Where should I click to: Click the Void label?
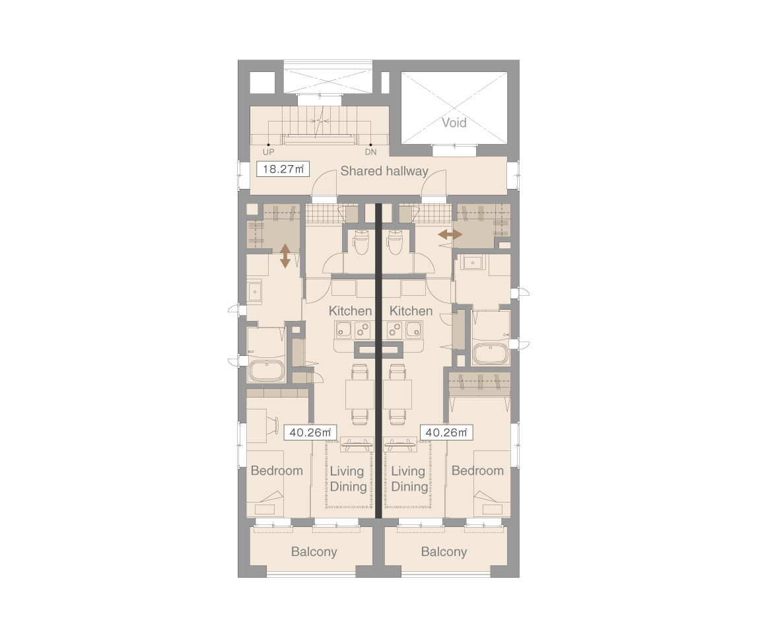(x=454, y=123)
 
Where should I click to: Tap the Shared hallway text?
(x=384, y=170)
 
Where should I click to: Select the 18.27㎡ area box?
(x=283, y=169)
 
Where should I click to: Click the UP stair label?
(x=268, y=152)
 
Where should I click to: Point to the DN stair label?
(x=371, y=152)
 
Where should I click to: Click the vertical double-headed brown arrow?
(x=285, y=256)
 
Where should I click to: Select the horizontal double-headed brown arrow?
(x=450, y=235)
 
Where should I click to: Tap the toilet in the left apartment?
(x=361, y=243)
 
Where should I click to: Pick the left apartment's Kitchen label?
(x=351, y=311)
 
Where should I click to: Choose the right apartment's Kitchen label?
(x=411, y=311)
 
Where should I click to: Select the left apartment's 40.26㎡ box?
(x=310, y=433)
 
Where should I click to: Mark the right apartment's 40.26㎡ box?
(x=446, y=433)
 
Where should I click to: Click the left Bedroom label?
(x=277, y=470)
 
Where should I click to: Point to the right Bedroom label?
(x=477, y=470)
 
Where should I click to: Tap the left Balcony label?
(x=314, y=551)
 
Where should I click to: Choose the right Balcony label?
(x=444, y=551)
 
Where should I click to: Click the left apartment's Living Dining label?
(x=347, y=479)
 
